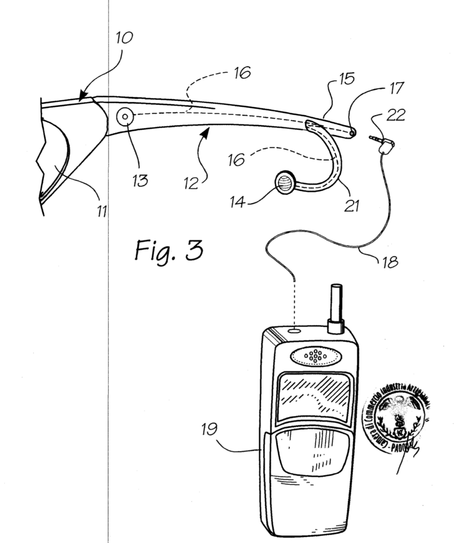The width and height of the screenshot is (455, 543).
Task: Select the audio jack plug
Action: (382, 142)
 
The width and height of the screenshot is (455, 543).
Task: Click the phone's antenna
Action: (335, 308)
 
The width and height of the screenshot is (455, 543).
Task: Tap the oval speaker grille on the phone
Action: (316, 356)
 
